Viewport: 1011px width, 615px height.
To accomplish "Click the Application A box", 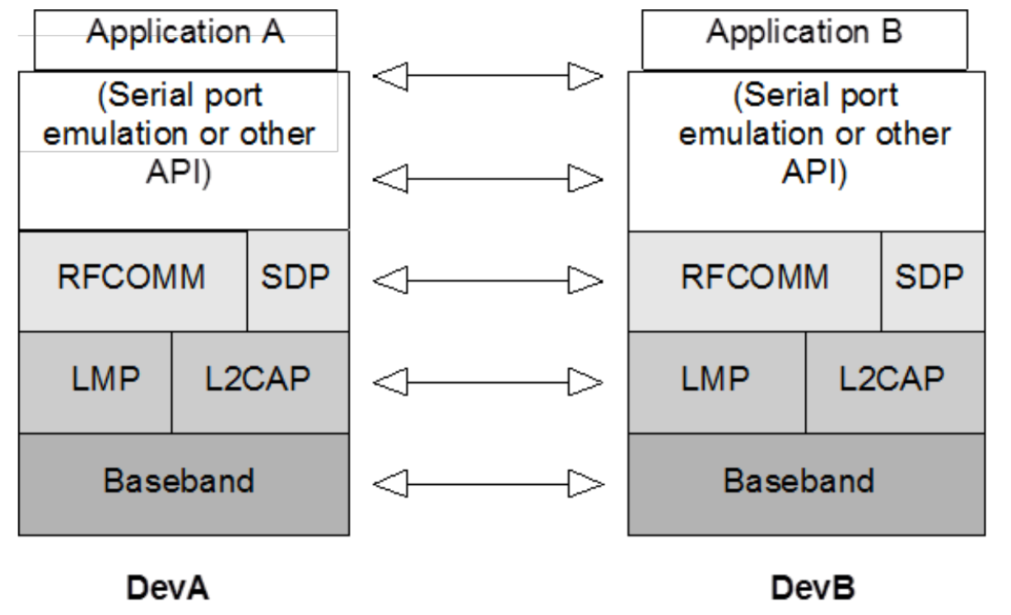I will (x=185, y=39).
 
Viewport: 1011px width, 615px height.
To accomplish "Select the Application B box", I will (x=804, y=39).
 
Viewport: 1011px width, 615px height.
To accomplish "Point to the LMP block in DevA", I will (x=95, y=381).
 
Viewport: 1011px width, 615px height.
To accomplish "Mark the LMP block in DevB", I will (x=716, y=381).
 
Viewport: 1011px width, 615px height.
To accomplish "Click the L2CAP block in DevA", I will (x=259, y=381).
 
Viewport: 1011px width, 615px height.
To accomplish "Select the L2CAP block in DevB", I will (x=894, y=381).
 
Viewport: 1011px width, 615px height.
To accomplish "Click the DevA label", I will (x=168, y=589).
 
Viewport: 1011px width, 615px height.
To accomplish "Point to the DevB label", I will (x=813, y=589).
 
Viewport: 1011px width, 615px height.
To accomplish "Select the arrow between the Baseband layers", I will (x=488, y=483).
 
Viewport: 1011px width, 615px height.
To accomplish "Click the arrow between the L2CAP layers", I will (x=488, y=381).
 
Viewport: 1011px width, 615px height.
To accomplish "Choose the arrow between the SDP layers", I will (x=488, y=281).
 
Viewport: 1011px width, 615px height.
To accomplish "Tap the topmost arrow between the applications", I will (x=488, y=77).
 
